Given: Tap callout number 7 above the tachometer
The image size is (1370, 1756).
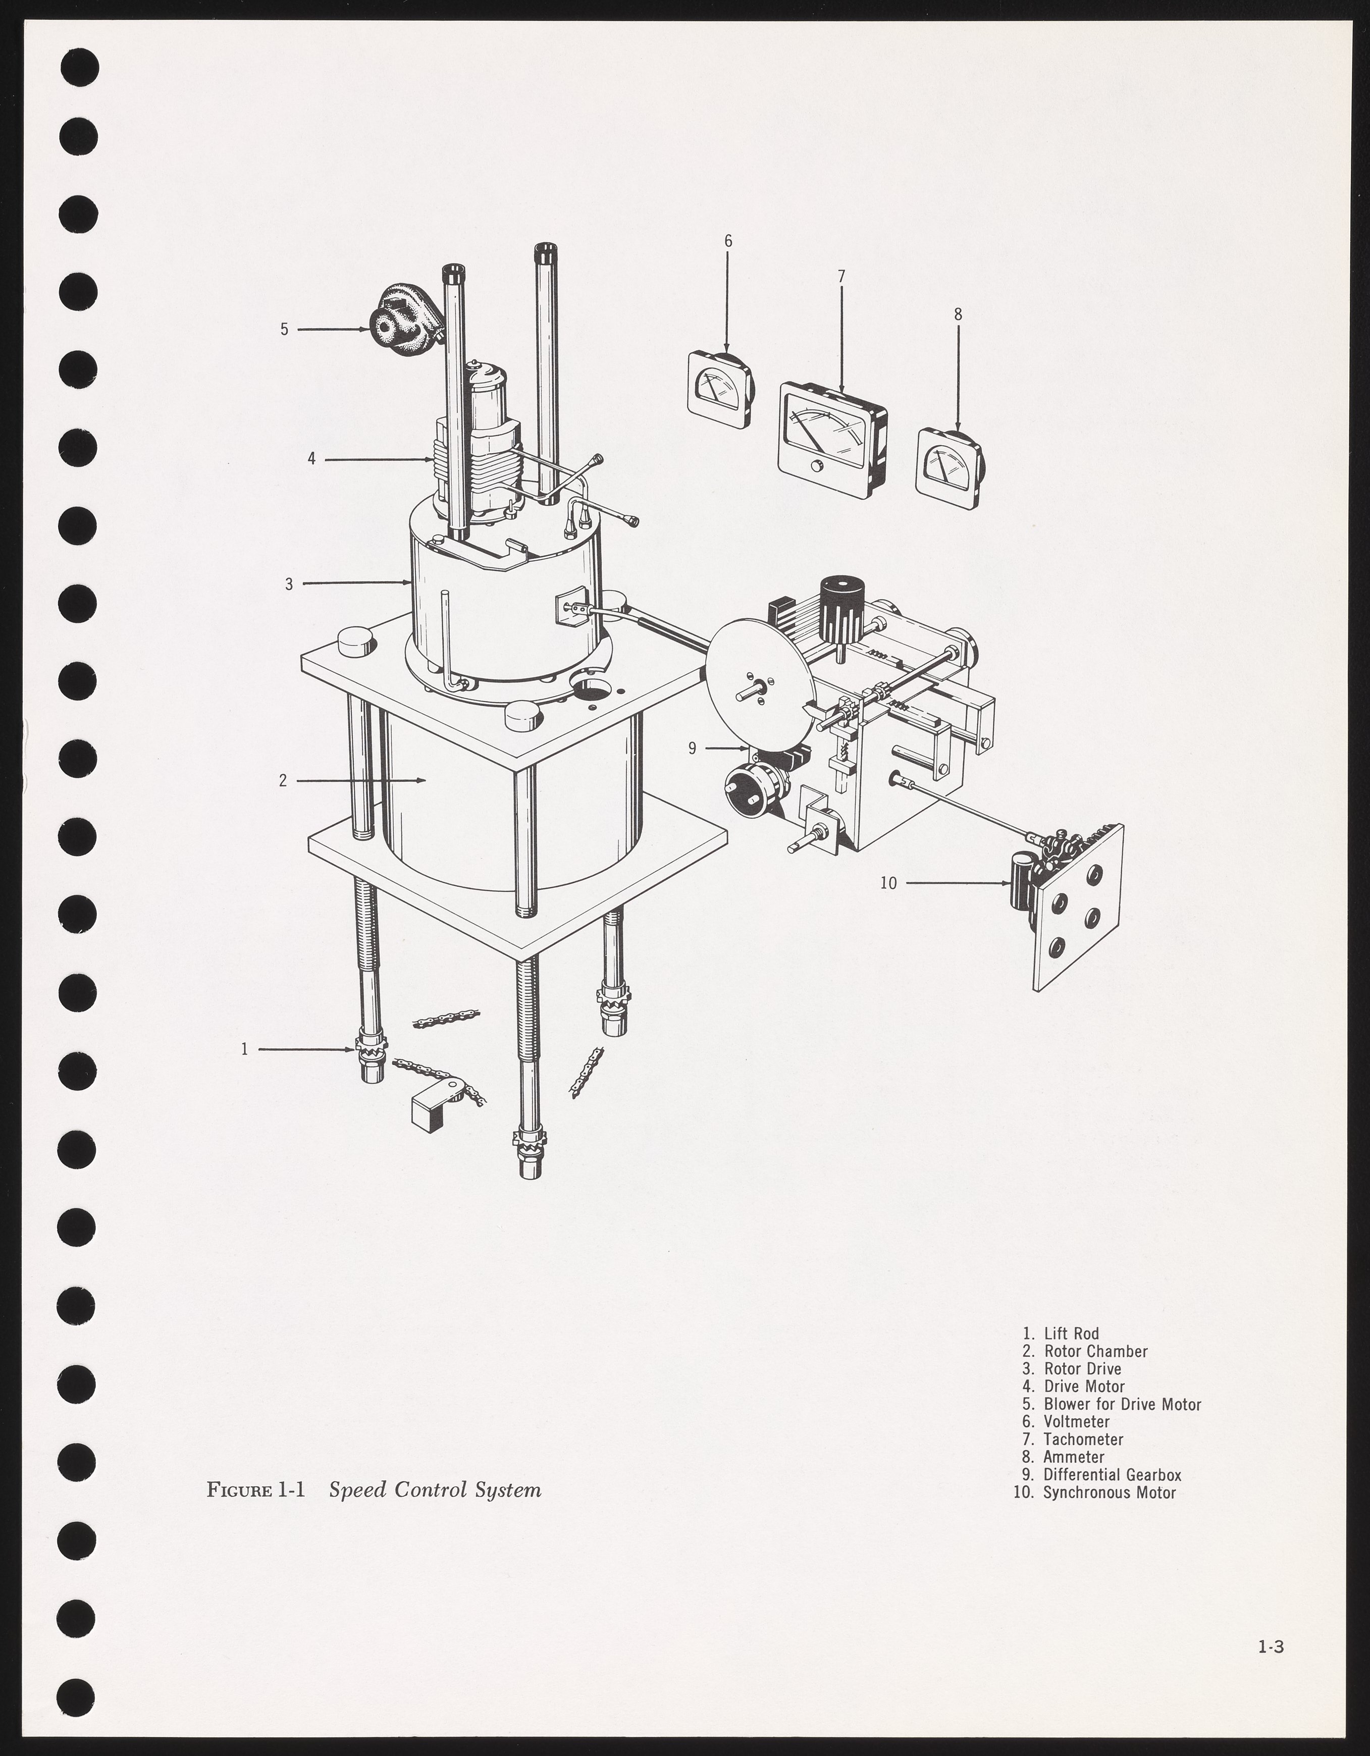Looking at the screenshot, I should click(x=841, y=277).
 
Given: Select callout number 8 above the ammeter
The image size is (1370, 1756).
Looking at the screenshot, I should click(x=958, y=314).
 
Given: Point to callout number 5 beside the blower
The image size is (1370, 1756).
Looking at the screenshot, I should click(x=284, y=329).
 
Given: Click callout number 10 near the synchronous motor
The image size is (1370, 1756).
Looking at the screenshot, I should click(x=887, y=883).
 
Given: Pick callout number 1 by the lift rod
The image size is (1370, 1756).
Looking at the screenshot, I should click(x=244, y=1048).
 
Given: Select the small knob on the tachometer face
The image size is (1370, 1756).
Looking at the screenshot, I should click(x=818, y=466).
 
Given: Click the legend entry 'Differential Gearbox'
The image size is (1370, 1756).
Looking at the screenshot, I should click(x=1112, y=1474).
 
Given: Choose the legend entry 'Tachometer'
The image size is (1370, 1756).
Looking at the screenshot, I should click(x=1083, y=1439).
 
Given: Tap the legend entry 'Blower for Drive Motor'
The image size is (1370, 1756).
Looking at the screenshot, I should click(x=1122, y=1404).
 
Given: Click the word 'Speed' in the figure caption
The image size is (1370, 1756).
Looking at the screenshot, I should click(x=357, y=1490).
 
